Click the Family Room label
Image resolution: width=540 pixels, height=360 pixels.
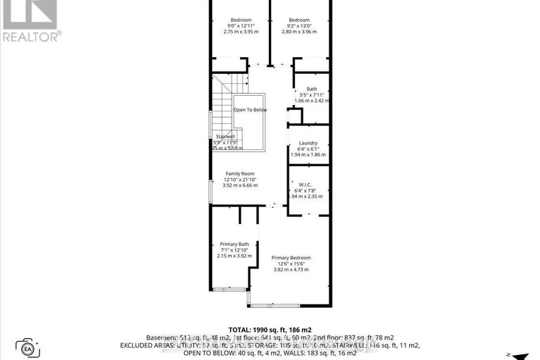click(x=239, y=173)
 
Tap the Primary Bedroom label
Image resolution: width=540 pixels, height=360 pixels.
click(x=291, y=258)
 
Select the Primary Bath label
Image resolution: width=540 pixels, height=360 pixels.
click(x=234, y=244)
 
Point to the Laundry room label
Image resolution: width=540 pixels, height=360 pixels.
click(x=308, y=143)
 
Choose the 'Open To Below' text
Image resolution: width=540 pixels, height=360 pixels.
click(x=250, y=110)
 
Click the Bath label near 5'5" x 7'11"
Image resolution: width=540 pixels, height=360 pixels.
click(x=312, y=89)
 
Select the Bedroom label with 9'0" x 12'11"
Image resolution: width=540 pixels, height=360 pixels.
click(x=241, y=20)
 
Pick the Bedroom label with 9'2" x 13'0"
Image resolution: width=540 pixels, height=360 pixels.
click(x=299, y=20)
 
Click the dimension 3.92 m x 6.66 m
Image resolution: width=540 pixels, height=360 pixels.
click(x=240, y=186)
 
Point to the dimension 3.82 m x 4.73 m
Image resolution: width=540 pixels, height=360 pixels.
click(x=291, y=270)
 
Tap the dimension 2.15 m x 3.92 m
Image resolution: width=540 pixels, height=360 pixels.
click(x=234, y=256)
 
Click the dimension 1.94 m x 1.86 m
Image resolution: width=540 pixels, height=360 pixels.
click(x=308, y=155)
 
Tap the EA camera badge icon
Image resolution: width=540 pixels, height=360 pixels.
click(x=29, y=347)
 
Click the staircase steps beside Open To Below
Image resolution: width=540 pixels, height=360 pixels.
click(x=224, y=106)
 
